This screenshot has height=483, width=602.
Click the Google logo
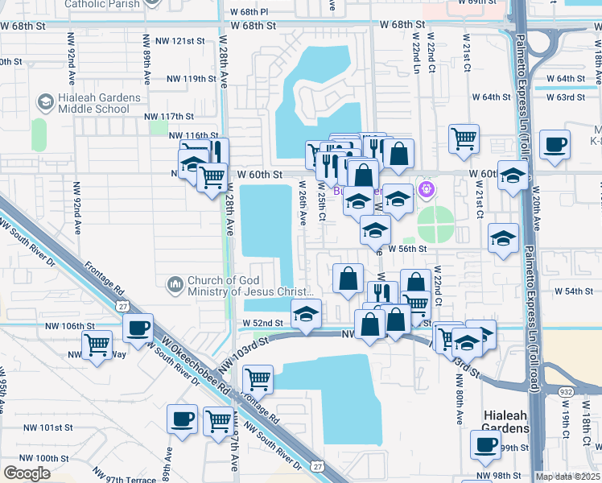click(x=27, y=473)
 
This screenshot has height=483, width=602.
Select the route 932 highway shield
click(x=565, y=390)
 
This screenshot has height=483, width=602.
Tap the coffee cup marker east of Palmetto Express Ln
click(x=555, y=146)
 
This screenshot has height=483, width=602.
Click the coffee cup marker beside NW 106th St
click(x=138, y=328)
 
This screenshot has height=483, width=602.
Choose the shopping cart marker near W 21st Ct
click(x=464, y=139)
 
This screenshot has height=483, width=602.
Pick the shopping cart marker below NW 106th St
click(x=97, y=345)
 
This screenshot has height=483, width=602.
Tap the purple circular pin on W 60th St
click(x=426, y=189)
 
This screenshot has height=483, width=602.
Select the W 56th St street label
click(x=406, y=250)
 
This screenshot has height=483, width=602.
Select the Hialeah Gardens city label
click(x=506, y=423)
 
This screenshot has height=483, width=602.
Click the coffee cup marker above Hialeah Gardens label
click(x=485, y=445)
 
